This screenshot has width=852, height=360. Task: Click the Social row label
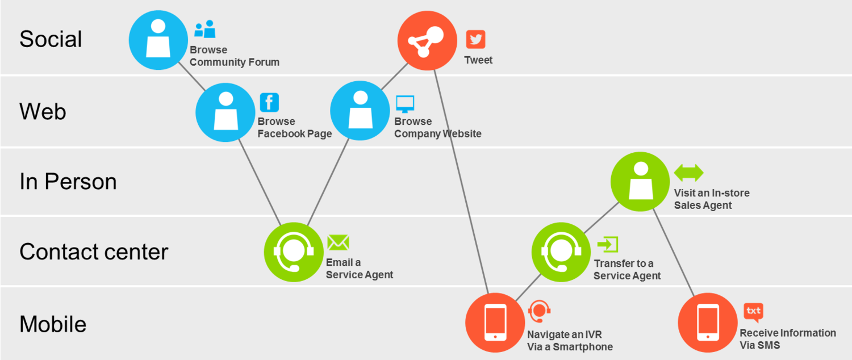[51, 39]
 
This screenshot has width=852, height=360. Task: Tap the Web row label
[43, 111]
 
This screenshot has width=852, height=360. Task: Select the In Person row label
[68, 181]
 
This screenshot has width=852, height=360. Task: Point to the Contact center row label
[94, 252]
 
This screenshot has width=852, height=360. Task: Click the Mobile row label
[53, 324]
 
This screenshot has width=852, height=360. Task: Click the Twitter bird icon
[475, 39]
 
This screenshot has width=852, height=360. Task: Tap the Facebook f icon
[269, 102]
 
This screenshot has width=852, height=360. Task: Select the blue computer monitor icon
[405, 104]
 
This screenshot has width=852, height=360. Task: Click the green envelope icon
[338, 242]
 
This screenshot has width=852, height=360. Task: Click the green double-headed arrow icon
[689, 173]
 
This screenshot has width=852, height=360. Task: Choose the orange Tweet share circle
[427, 41]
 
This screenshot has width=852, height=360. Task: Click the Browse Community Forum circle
[158, 40]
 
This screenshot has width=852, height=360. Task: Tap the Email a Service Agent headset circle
[294, 252]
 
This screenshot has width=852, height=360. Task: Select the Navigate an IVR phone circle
[495, 323]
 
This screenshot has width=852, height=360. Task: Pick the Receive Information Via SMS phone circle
[708, 323]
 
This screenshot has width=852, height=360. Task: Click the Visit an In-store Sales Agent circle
[640, 182]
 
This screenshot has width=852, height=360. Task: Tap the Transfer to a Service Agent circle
[561, 252]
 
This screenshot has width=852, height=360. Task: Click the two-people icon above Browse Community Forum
[205, 29]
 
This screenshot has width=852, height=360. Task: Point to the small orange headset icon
[540, 311]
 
